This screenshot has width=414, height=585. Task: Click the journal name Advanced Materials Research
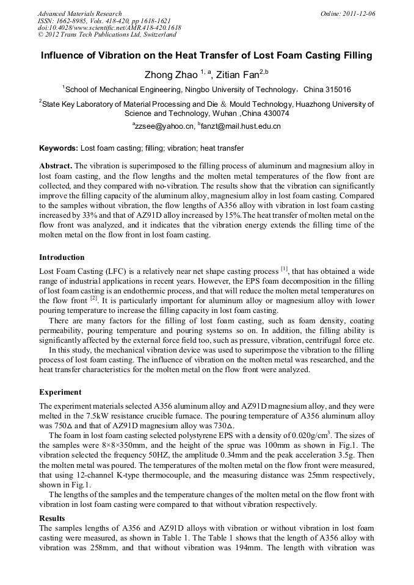80,13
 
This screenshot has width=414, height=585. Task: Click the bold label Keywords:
59,148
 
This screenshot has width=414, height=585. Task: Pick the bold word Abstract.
56,166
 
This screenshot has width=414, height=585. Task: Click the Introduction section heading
62,257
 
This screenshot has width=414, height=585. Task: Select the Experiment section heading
60,392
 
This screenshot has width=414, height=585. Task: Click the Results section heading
52,518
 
